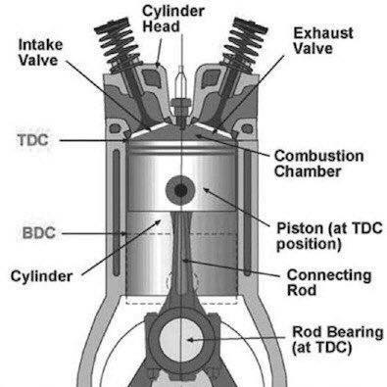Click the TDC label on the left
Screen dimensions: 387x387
33,140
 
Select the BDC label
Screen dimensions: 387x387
39,233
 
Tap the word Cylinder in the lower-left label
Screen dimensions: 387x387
41,276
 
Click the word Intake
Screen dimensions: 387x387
40,45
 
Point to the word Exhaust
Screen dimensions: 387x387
323,33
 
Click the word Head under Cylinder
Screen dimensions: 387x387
161,26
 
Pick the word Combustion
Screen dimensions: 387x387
318,156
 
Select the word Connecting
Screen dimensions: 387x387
329,275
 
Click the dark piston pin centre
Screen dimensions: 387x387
180,191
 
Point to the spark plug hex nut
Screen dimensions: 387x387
180,104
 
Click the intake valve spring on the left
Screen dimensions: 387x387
118,45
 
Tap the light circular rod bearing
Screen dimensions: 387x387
180,339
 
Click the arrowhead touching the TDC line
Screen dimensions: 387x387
123,141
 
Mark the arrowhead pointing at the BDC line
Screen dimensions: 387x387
123,234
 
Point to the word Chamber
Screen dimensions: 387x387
308,171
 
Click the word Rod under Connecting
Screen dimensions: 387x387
302,290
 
